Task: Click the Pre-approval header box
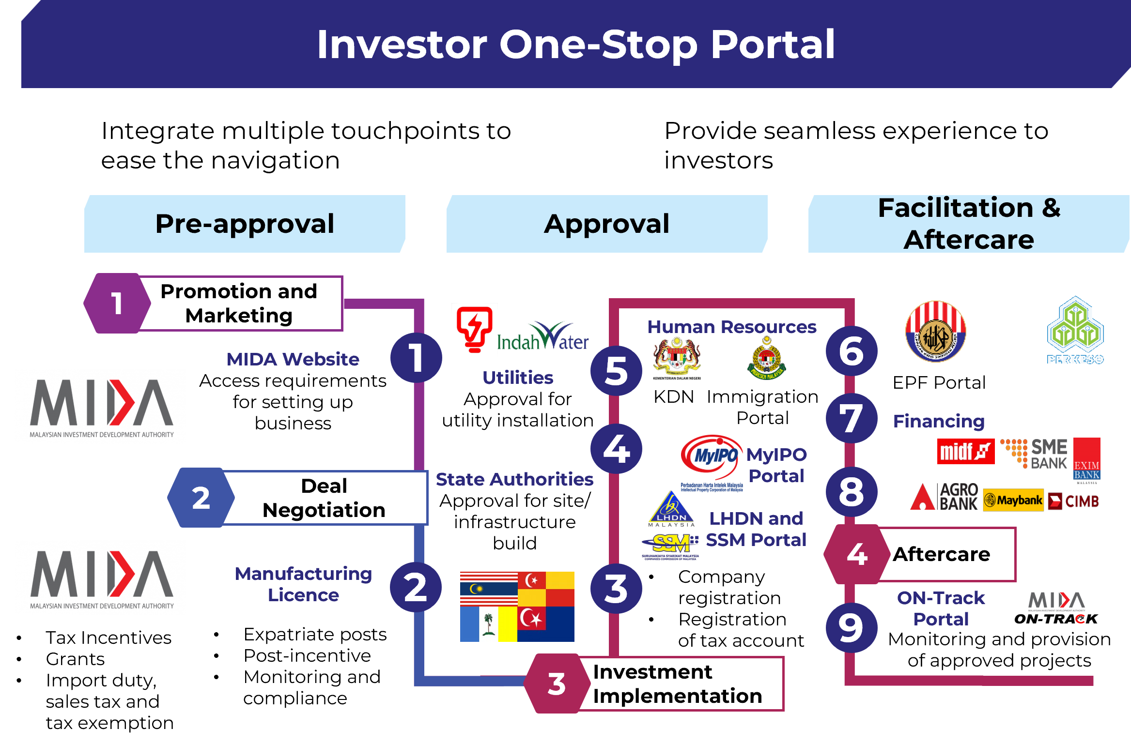point(245,224)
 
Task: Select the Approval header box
point(606,224)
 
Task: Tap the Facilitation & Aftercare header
point(969,224)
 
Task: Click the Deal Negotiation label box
point(325,498)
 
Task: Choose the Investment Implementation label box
point(678,683)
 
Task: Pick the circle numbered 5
point(616,371)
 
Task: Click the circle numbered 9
point(852,627)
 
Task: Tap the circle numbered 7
point(852,418)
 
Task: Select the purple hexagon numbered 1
point(117,304)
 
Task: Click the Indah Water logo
point(542,336)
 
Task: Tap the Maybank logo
point(1013,500)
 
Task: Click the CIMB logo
point(1073,501)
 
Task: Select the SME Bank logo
point(1034,454)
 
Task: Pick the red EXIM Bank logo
point(1086,458)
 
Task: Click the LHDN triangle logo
point(671,507)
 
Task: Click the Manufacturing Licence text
point(303,584)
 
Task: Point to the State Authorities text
point(514,479)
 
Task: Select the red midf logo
point(965,452)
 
